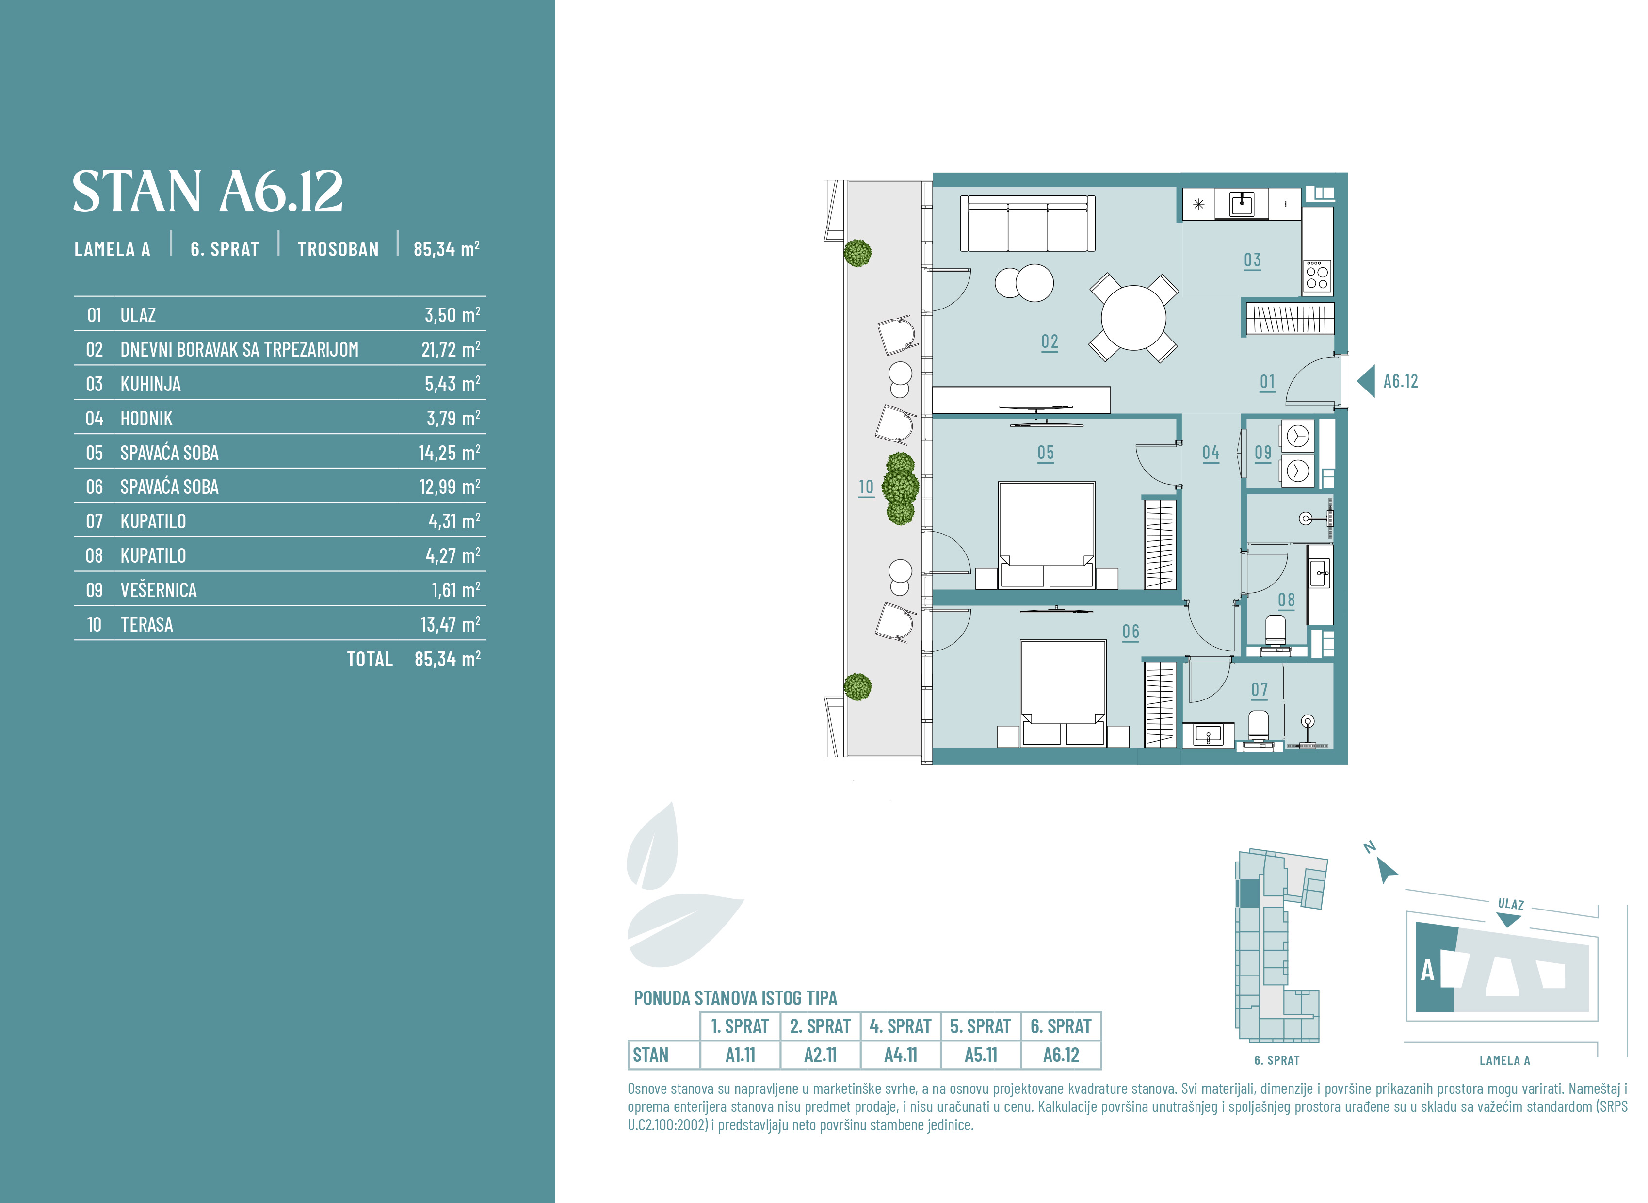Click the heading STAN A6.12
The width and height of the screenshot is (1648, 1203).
click(208, 192)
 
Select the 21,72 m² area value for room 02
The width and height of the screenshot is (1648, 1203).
click(451, 350)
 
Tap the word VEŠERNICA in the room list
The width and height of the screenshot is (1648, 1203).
click(159, 590)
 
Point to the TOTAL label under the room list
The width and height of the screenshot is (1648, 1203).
click(370, 659)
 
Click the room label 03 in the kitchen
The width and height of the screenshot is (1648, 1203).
click(1252, 260)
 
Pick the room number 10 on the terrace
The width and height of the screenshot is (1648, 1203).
click(866, 487)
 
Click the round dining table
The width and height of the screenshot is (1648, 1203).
click(1133, 318)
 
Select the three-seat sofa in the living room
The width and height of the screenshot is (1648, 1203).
click(1028, 224)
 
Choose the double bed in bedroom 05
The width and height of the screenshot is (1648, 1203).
click(1047, 535)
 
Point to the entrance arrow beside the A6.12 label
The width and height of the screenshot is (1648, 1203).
click(1366, 381)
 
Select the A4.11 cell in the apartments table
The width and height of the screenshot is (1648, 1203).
click(901, 1055)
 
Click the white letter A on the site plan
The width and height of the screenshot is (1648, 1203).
click(1427, 970)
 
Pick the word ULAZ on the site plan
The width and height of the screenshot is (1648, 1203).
click(1510, 904)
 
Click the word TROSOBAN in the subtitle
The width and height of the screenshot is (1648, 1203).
click(338, 249)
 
